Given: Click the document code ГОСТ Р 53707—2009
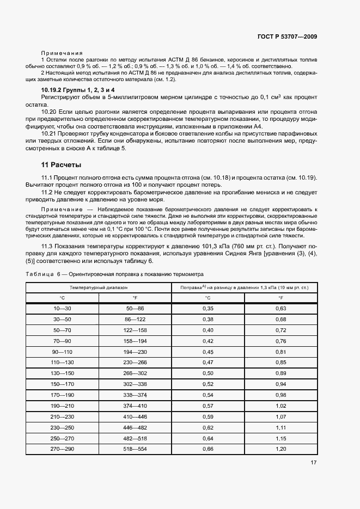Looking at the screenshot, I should [x=286, y=37].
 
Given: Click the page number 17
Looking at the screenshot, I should [x=314, y=463].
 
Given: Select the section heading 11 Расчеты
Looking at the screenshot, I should [x=61, y=164].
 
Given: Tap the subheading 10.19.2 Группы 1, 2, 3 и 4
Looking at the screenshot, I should [x=78, y=89].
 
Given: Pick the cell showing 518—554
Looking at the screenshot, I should [x=135, y=449].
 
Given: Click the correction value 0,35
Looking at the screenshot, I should [x=208, y=309].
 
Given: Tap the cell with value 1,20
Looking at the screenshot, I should [x=280, y=449].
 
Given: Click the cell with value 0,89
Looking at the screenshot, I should [x=280, y=373].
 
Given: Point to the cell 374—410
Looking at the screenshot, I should [x=135, y=406].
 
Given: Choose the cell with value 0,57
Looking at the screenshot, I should [x=208, y=406].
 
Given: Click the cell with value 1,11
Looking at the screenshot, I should [x=280, y=427].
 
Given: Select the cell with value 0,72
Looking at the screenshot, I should [x=280, y=330].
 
